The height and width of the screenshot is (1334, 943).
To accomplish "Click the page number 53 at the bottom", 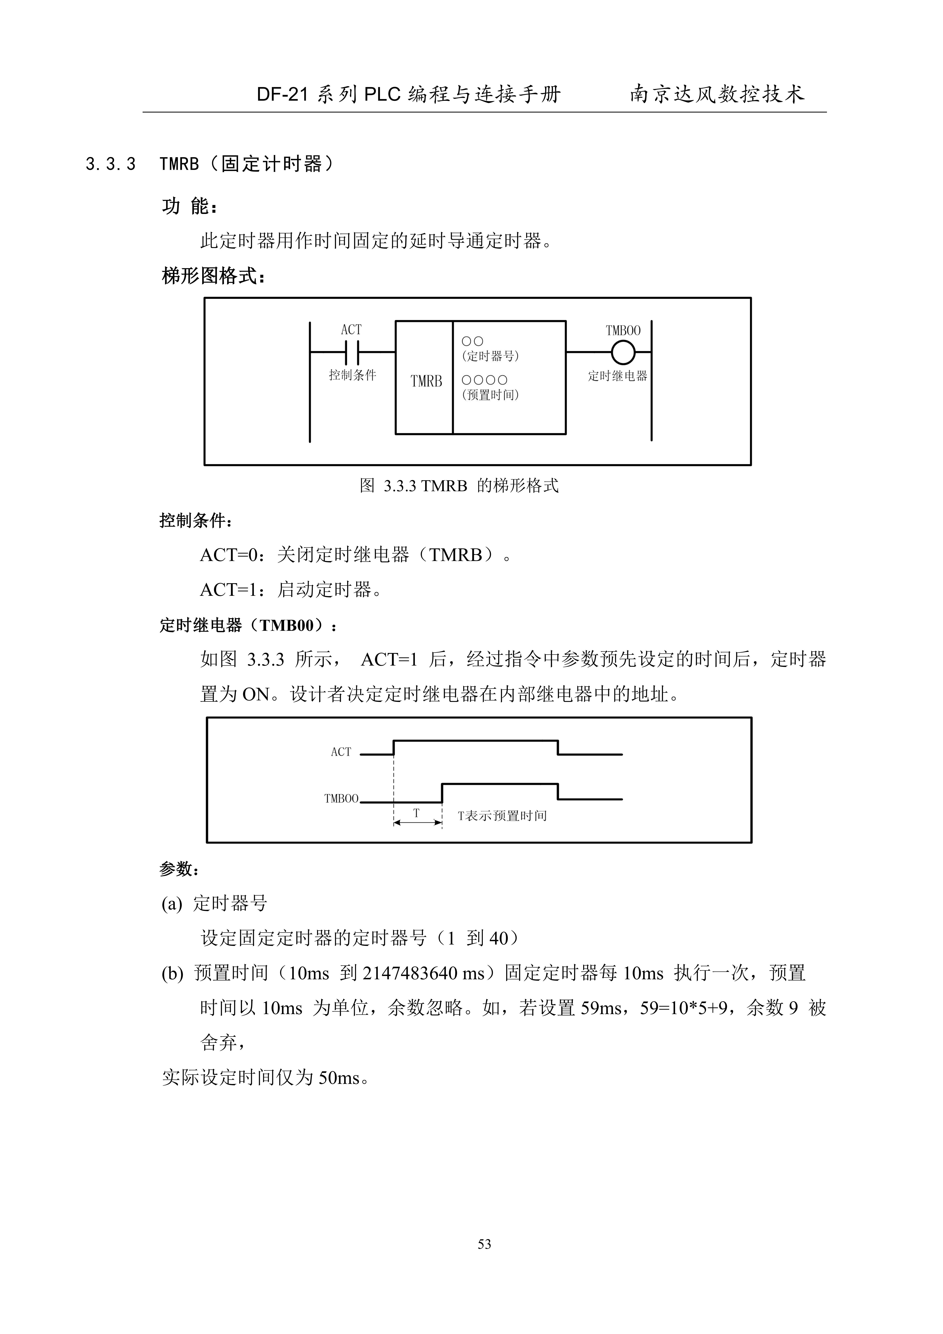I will click(x=484, y=1244).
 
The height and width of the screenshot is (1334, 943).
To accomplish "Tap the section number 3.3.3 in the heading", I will click(x=110, y=164).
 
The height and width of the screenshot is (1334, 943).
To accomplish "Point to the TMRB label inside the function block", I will click(x=426, y=381).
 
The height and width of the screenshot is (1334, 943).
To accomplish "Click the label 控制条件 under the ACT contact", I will click(x=352, y=375).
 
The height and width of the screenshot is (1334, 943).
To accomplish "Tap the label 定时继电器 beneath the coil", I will click(x=617, y=376).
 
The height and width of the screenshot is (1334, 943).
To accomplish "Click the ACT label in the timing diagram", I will click(x=341, y=752).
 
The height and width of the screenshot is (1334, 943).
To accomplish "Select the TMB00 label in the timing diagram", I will click(x=341, y=798).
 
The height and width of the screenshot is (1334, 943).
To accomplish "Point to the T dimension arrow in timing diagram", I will click(x=417, y=822).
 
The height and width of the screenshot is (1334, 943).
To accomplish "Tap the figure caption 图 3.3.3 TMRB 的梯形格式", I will click(x=459, y=486).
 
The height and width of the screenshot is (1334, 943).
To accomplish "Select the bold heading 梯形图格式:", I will click(x=213, y=276).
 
